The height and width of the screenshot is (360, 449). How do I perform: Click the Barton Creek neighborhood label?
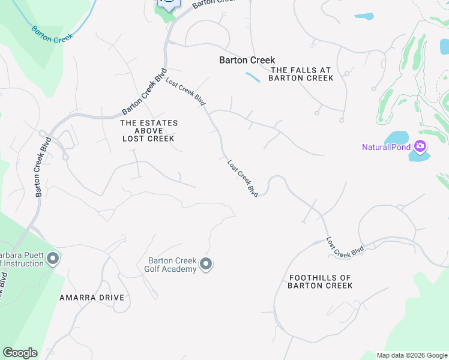tap(247, 60)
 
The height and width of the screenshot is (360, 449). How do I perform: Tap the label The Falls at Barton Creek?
tap(301, 74)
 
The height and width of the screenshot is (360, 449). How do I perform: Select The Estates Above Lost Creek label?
tap(149, 131)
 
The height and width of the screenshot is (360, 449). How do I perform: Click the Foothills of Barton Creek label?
tap(320, 281)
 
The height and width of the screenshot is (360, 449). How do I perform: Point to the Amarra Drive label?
tap(92, 298)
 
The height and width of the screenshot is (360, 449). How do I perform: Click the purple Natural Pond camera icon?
tap(420, 146)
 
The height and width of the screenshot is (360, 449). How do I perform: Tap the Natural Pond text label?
tap(386, 147)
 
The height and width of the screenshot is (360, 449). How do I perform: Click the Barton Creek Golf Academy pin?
tap(206, 264)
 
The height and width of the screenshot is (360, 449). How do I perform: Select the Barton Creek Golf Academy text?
tap(172, 265)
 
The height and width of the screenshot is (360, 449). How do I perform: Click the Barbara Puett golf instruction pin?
tap(53, 259)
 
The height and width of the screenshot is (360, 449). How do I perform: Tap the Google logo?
tap(20, 353)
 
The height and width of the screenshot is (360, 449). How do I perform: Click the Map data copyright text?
tap(412, 355)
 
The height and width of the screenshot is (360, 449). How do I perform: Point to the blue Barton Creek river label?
tap(52, 33)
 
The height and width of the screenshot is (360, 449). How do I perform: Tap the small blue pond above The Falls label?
tap(253, 77)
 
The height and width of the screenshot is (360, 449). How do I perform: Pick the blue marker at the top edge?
tap(169, 4)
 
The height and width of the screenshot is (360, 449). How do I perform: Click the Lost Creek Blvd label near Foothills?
tap(345, 248)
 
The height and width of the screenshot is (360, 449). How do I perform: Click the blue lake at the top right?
tap(364, 16)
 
